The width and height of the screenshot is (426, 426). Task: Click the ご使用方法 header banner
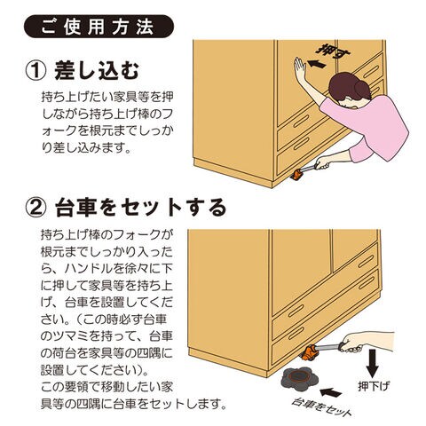[x=99, y=27]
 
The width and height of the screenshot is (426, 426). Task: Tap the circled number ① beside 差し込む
[x=35, y=71]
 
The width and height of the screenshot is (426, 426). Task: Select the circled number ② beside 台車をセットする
[x=35, y=208]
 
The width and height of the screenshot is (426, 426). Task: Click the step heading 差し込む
[x=97, y=71]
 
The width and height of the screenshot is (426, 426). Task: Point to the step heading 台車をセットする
[x=141, y=208]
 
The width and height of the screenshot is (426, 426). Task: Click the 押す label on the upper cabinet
[x=333, y=52]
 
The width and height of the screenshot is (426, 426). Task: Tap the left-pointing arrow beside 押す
[x=317, y=64]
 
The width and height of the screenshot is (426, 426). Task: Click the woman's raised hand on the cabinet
[x=300, y=70]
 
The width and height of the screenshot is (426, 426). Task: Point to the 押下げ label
[x=374, y=386]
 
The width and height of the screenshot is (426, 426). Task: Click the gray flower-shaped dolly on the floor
[x=299, y=378]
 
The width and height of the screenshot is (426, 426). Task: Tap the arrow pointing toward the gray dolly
[x=331, y=392]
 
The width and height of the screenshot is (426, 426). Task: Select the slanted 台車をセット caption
[x=321, y=407]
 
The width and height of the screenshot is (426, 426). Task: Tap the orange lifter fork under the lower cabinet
[x=308, y=352]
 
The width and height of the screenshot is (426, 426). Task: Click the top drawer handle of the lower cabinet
[x=367, y=261]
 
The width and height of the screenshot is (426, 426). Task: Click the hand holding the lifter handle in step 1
[x=323, y=162]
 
